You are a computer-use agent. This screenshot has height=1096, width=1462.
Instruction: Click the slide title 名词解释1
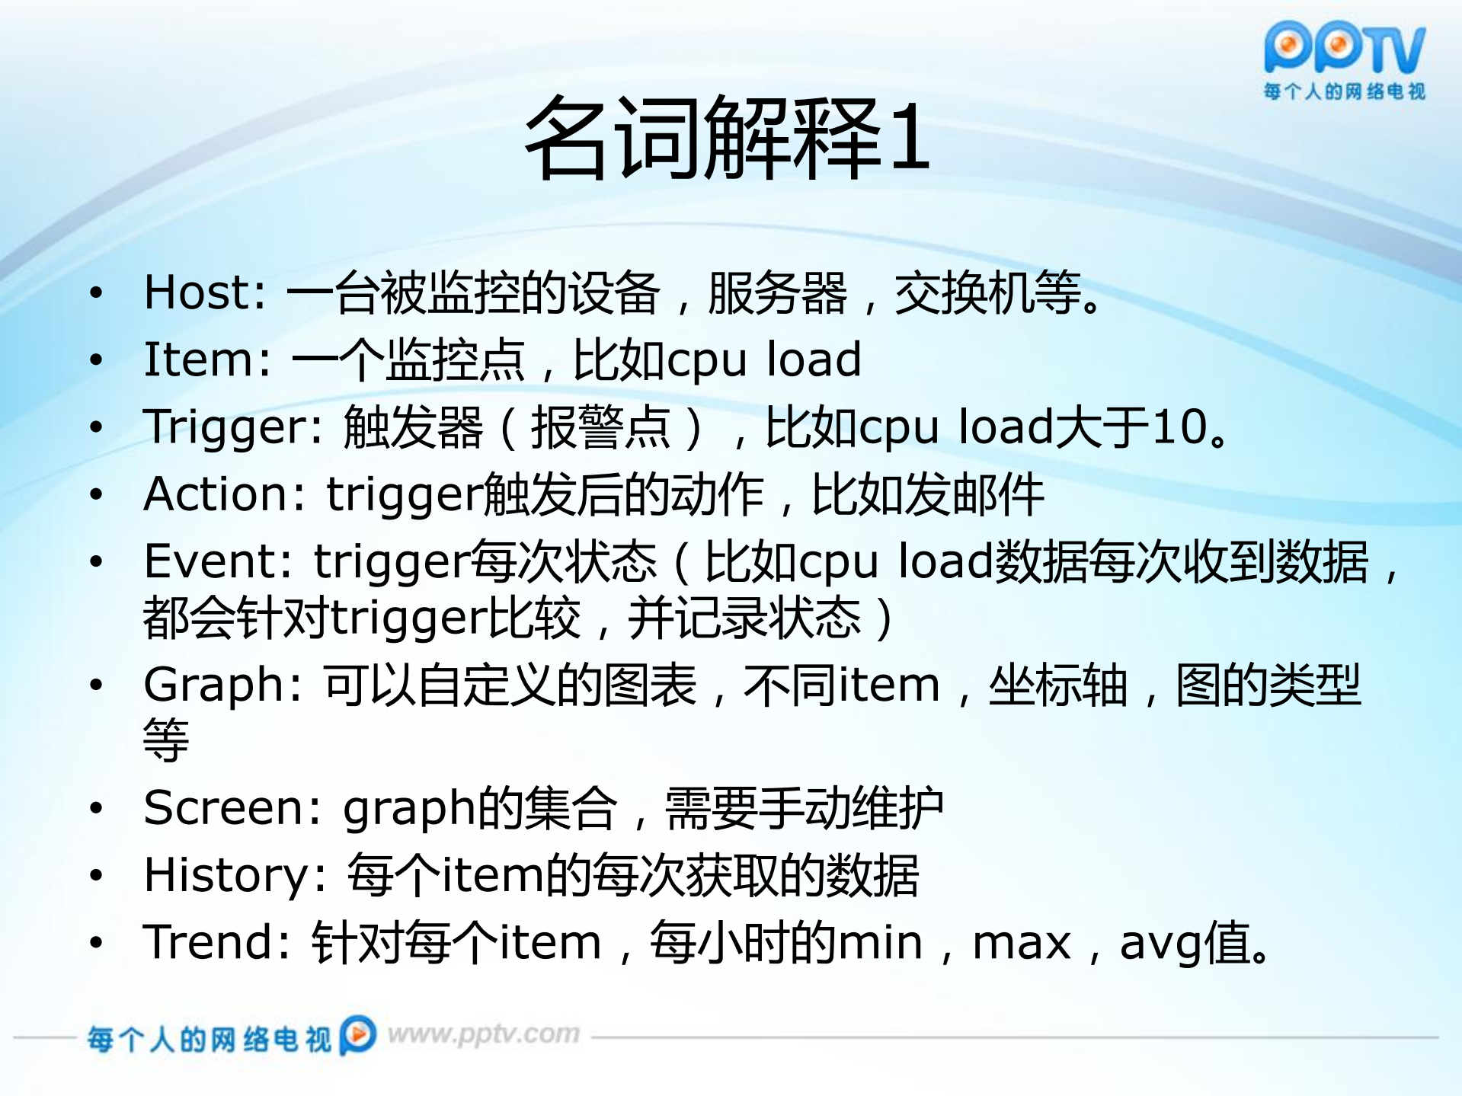pos(728,138)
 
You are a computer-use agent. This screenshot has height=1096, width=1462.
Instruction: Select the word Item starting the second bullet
pos(197,359)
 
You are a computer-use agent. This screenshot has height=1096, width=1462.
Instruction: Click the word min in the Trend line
pos(880,941)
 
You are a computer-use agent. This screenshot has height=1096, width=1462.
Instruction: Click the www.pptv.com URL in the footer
pos(484,1034)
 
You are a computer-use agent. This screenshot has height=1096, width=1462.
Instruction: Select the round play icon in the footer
pos(358,1034)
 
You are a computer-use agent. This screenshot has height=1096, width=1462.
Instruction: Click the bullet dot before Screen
pos(96,807)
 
